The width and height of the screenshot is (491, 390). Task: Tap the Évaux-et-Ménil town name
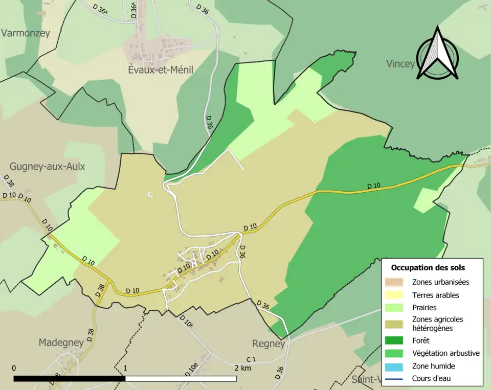[160, 70]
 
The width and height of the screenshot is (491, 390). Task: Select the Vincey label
[400, 64]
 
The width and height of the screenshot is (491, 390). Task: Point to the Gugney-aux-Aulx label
[47, 167]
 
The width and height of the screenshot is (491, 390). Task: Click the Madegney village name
[61, 342]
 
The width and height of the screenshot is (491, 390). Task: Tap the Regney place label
[268, 343]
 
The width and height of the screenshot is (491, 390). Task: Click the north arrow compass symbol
[437, 54]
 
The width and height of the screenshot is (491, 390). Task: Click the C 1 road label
[251, 360]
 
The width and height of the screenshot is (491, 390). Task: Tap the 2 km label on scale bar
[242, 368]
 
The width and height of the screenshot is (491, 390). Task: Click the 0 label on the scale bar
[14, 368]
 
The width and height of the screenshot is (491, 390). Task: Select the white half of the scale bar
[181, 379]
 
